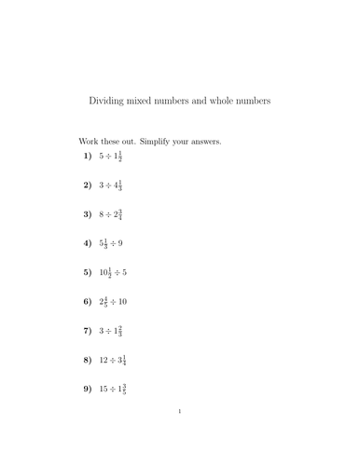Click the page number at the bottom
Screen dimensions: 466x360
[x=179, y=436]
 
